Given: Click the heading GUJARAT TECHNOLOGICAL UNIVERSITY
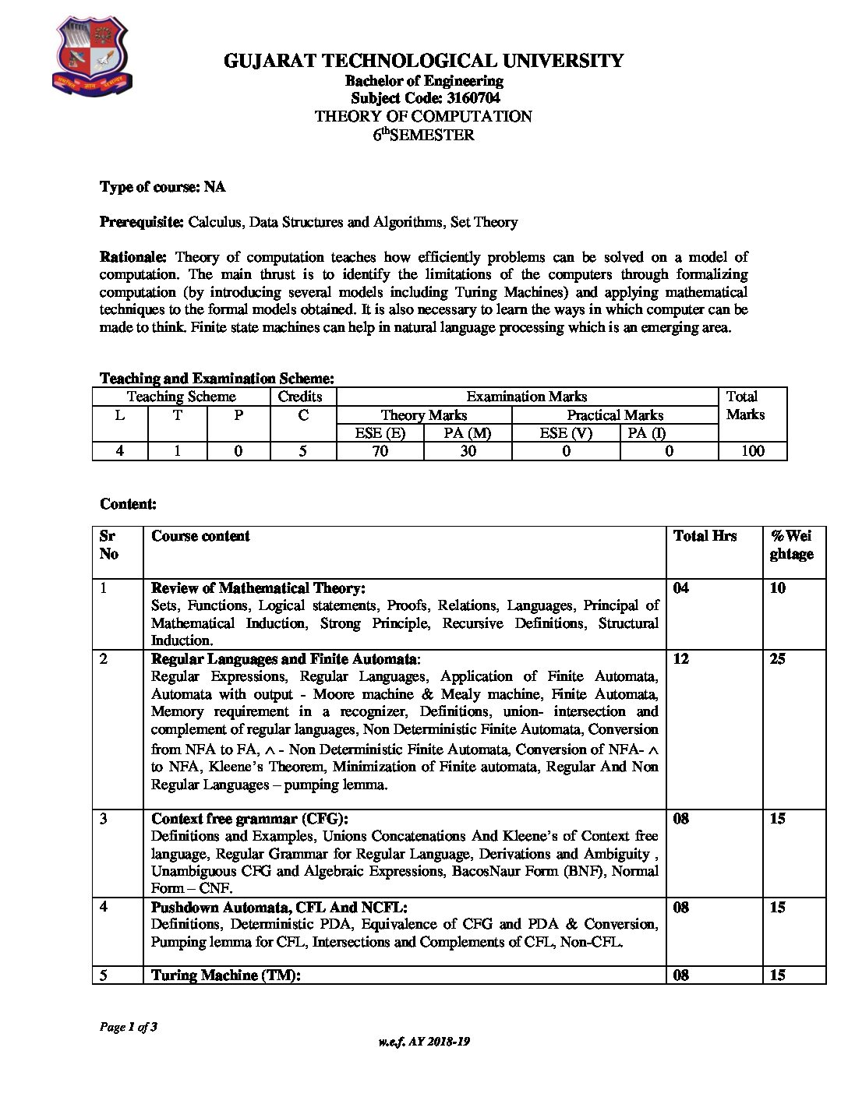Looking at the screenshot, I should [423, 61].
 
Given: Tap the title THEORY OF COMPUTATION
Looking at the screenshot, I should [423, 117].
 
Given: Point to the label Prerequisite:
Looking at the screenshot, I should [142, 222].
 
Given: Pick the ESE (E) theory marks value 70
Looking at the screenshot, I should [380, 451].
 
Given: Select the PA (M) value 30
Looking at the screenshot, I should [468, 451].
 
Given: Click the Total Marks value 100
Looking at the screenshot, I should [752, 451].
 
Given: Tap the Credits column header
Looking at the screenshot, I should [300, 397].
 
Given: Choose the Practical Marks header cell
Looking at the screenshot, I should [615, 415].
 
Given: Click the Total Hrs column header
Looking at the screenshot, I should [705, 536].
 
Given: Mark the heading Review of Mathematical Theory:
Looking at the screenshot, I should [258, 588].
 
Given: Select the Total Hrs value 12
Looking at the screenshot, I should [680, 659].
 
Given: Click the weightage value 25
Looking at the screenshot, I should [777, 659].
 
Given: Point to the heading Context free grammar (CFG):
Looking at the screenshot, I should [249, 819].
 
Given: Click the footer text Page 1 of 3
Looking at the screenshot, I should [129, 1027].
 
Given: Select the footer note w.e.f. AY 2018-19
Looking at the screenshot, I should [423, 1042].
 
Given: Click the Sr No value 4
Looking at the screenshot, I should [104, 908].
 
